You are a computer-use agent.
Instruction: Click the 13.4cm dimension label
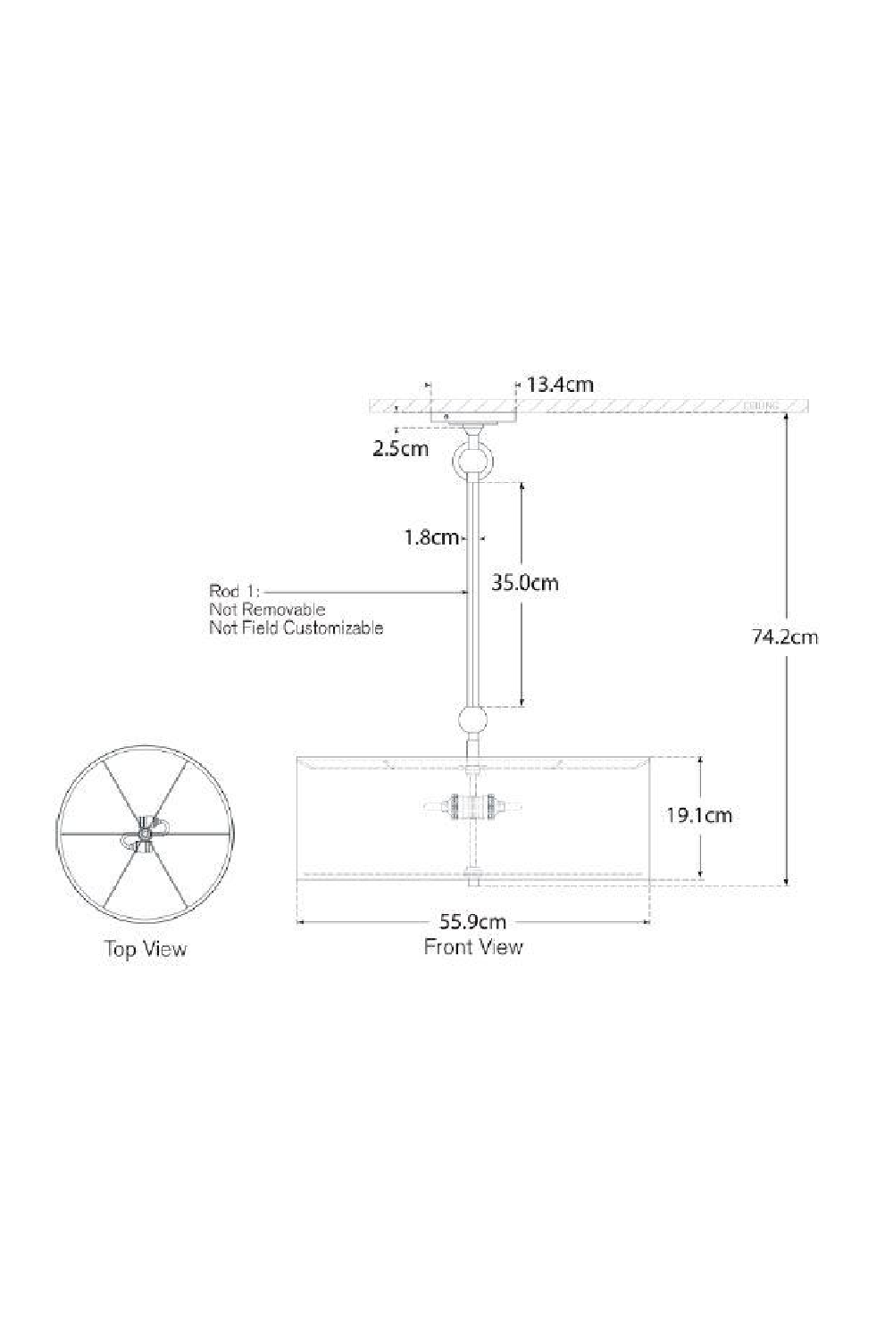(x=560, y=385)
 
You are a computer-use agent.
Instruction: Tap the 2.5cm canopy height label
(x=400, y=448)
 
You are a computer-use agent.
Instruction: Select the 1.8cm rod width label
(x=430, y=537)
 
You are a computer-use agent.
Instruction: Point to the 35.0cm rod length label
(x=525, y=583)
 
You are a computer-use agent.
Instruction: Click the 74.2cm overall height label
(x=785, y=636)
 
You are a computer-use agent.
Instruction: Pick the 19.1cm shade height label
(x=698, y=815)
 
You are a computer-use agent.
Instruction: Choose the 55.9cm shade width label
(x=472, y=922)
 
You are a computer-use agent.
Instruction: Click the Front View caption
(x=472, y=946)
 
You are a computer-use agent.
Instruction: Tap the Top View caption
(x=146, y=948)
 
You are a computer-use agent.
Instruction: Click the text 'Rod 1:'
(x=233, y=591)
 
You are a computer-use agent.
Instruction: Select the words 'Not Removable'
(x=267, y=610)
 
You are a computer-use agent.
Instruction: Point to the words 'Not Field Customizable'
(x=296, y=628)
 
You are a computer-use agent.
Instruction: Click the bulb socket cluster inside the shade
(x=472, y=807)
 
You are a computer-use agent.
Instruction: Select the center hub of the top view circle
(x=143, y=834)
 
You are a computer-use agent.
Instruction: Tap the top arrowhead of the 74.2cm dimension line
(x=786, y=420)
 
